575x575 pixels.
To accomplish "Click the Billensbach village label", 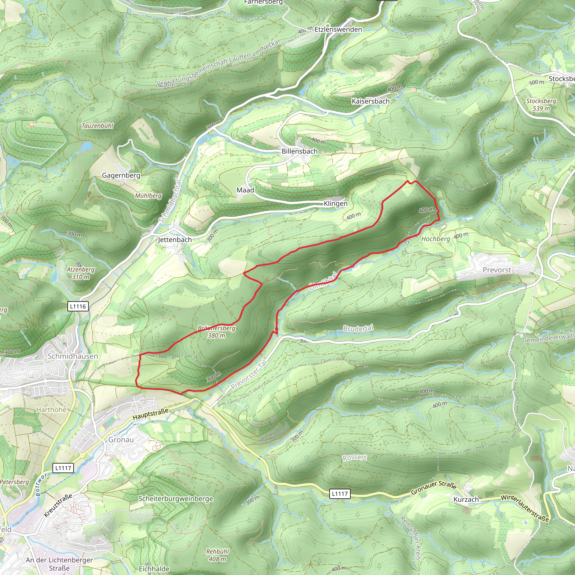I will pos(299,151).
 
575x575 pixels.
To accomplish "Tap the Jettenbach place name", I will pos(175,239).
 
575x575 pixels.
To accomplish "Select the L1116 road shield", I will pos(78,306).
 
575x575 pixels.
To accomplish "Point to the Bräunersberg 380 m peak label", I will pos(216,332).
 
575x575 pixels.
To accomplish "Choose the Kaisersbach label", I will pos(370,101).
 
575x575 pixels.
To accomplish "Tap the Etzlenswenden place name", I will pos(338,29).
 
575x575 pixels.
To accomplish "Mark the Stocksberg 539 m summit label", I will pos(541,104).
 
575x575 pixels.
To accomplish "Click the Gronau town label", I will pos(121,440).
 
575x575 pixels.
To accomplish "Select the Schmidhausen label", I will pos(73,356).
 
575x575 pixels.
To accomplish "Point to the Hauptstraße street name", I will pos(150,414).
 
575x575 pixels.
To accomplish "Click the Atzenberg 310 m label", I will pos(80,273).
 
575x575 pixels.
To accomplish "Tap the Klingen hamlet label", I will pos(336,204).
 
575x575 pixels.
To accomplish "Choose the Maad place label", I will pos(245,190).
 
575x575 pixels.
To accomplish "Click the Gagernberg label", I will pos(121,175).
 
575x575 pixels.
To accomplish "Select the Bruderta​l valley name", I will pos(358,328).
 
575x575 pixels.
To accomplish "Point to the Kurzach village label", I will pos(466,499).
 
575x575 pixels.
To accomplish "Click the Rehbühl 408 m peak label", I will pos(217,555).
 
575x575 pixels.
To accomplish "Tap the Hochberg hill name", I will pos(435,239).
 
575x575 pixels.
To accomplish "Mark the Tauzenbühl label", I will pos(97,126).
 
